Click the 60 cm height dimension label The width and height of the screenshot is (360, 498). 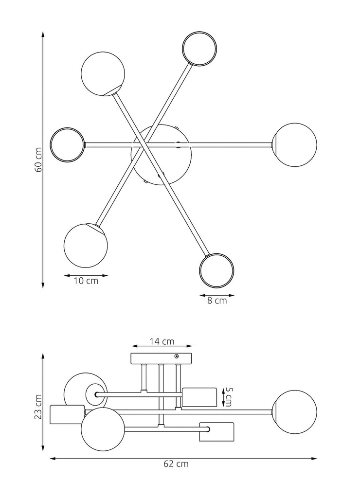pyautogui.click(x=38, y=160)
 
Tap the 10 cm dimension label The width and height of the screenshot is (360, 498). pyautogui.click(x=86, y=281)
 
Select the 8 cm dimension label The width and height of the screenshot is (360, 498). pyautogui.click(x=217, y=301)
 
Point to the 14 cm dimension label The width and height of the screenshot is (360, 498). pyautogui.click(x=162, y=341)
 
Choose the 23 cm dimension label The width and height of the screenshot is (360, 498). pyautogui.click(x=38, y=407)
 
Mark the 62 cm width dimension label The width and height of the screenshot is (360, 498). pyautogui.click(x=176, y=464)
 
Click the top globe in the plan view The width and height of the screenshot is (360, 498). pyautogui.click(x=199, y=49)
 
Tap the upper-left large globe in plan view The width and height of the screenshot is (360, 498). pyautogui.click(x=103, y=74)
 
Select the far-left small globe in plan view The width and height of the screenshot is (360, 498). pyautogui.click(x=68, y=144)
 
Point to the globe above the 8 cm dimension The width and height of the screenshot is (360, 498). pyautogui.click(x=216, y=270)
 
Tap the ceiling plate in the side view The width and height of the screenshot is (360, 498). pyautogui.click(x=162, y=358)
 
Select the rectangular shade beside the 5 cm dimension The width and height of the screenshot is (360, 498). pyautogui.click(x=199, y=397)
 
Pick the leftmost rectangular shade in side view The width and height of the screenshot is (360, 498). pyautogui.click(x=67, y=415)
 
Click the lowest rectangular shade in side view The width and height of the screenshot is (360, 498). pyautogui.click(x=216, y=431)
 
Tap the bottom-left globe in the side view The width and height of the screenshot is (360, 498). pyautogui.click(x=103, y=429)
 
